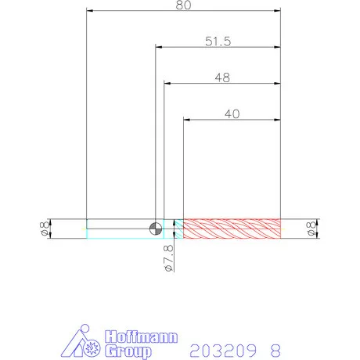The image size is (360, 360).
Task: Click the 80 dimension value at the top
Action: (183, 5)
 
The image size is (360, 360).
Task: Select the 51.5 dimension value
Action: (218, 41)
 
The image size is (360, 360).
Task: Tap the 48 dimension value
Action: (222, 77)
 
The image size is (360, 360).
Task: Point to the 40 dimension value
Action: (232, 114)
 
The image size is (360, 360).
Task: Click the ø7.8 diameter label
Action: (169, 258)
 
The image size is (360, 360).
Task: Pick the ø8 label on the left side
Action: (45, 229)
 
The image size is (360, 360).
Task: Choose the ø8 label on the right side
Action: (311, 229)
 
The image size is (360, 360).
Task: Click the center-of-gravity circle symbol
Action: (156, 229)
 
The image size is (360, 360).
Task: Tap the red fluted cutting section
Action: (232, 229)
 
